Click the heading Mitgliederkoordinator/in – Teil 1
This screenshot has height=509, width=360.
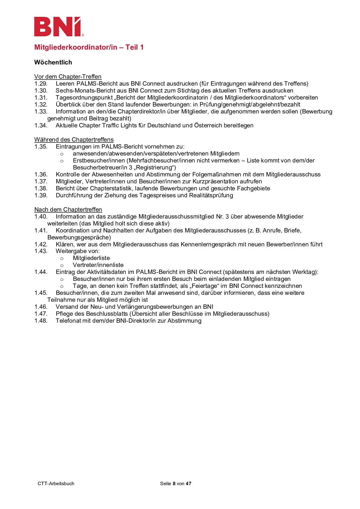(x=89, y=47)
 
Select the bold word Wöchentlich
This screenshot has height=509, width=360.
(x=53, y=62)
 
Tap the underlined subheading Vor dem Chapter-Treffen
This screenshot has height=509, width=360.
(x=68, y=77)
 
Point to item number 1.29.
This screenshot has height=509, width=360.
(x=41, y=84)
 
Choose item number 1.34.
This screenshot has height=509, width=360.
(x=41, y=125)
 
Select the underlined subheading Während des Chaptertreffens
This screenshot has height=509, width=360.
(x=74, y=140)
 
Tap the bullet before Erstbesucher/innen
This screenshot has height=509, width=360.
(x=62, y=161)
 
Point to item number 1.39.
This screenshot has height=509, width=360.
(x=41, y=195)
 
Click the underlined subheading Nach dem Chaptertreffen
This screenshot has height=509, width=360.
(x=68, y=210)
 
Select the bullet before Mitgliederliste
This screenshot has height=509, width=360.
(x=62, y=259)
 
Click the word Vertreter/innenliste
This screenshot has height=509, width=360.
(x=98, y=265)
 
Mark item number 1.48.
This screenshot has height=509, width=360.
(x=41, y=321)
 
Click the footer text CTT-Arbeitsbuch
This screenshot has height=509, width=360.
(x=56, y=483)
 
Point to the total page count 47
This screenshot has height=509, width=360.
(x=189, y=483)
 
